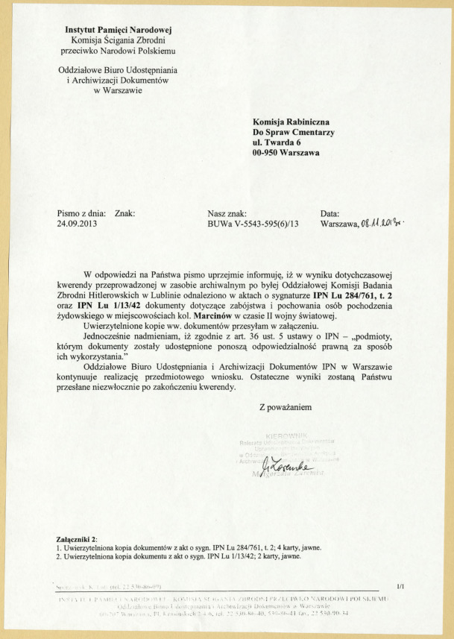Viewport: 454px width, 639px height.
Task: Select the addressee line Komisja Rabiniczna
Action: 286,121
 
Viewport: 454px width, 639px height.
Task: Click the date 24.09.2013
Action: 78,223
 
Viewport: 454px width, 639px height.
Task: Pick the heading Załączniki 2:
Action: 82,538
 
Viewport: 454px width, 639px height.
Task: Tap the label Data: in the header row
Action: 330,213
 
